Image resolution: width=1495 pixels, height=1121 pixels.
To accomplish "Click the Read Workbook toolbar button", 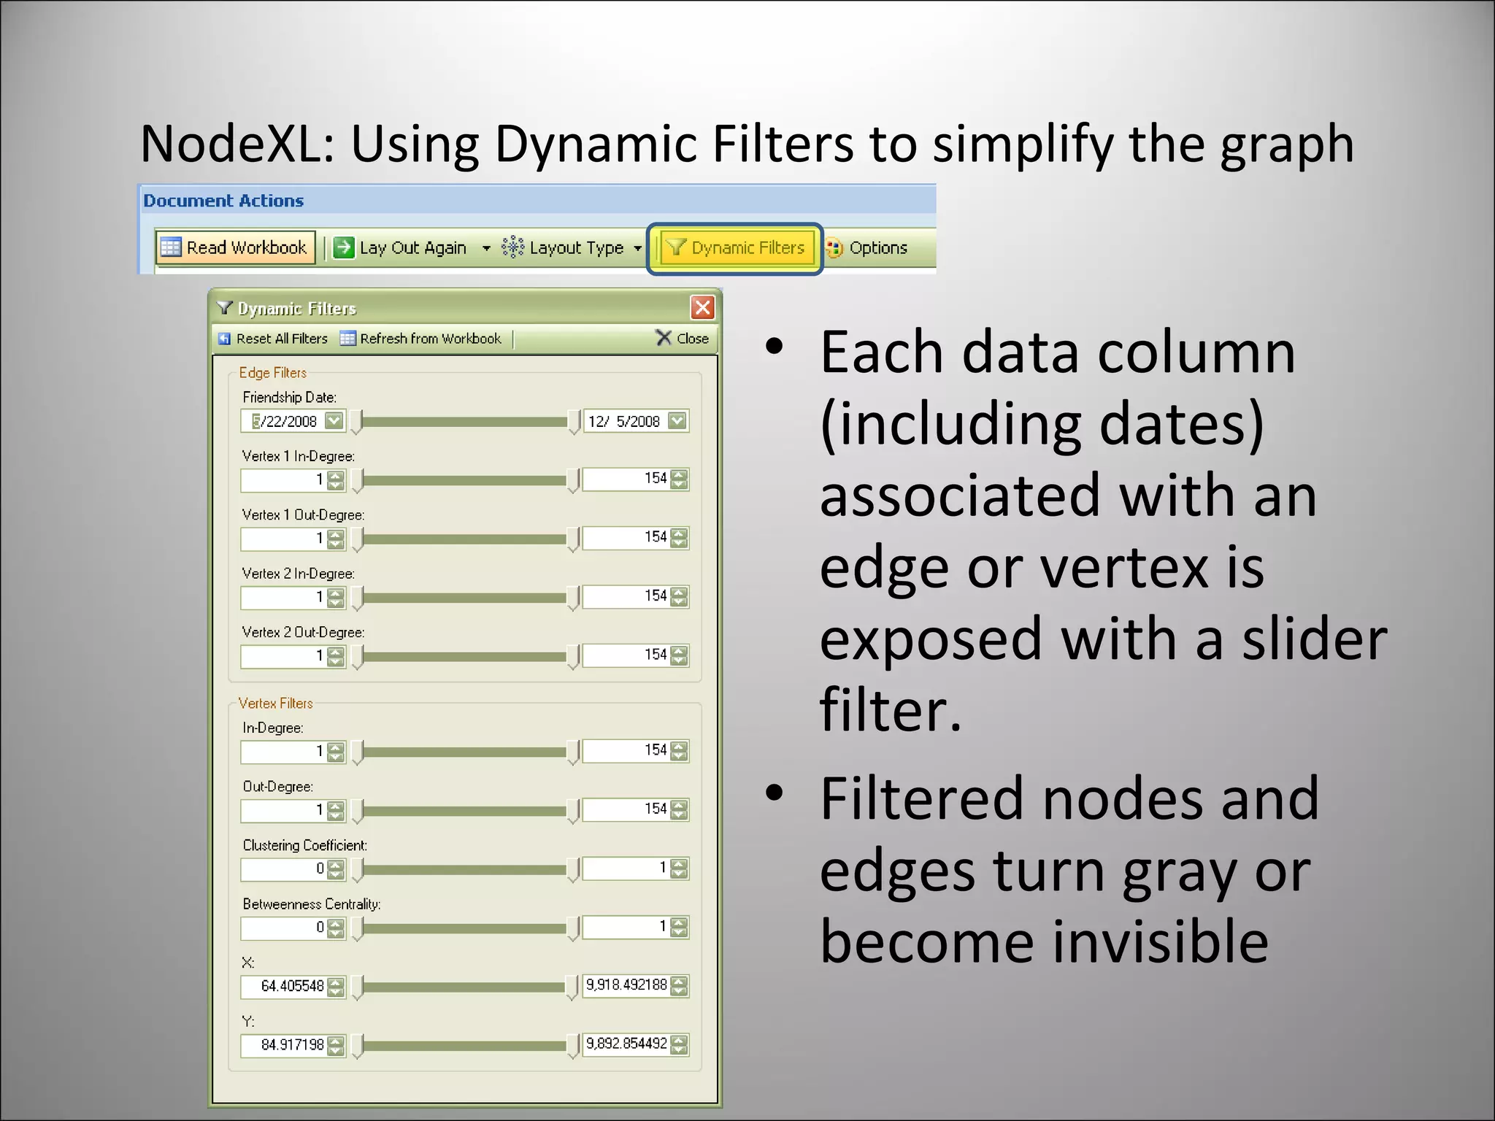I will (235, 247).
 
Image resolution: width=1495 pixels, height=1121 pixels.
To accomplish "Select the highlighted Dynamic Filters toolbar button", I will (735, 248).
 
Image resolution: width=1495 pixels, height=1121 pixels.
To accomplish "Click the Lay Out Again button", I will (401, 248).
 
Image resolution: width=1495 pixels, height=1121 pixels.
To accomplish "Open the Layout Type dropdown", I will (572, 248).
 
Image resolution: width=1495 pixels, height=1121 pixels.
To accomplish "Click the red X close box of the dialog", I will (702, 307).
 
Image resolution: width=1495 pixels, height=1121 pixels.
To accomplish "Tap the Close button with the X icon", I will (683, 339).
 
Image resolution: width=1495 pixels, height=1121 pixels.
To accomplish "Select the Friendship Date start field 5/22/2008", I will (284, 421).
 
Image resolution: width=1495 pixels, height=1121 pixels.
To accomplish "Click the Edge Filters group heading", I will (272, 373).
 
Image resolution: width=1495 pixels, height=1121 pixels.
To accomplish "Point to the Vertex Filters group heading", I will (275, 704).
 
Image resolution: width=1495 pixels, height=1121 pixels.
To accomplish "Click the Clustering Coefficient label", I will (304, 845).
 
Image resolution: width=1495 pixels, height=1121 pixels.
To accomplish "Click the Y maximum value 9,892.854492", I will (626, 1044).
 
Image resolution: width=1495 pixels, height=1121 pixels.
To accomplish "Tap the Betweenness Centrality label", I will (311, 904).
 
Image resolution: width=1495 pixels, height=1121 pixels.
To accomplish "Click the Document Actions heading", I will (223, 201).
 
